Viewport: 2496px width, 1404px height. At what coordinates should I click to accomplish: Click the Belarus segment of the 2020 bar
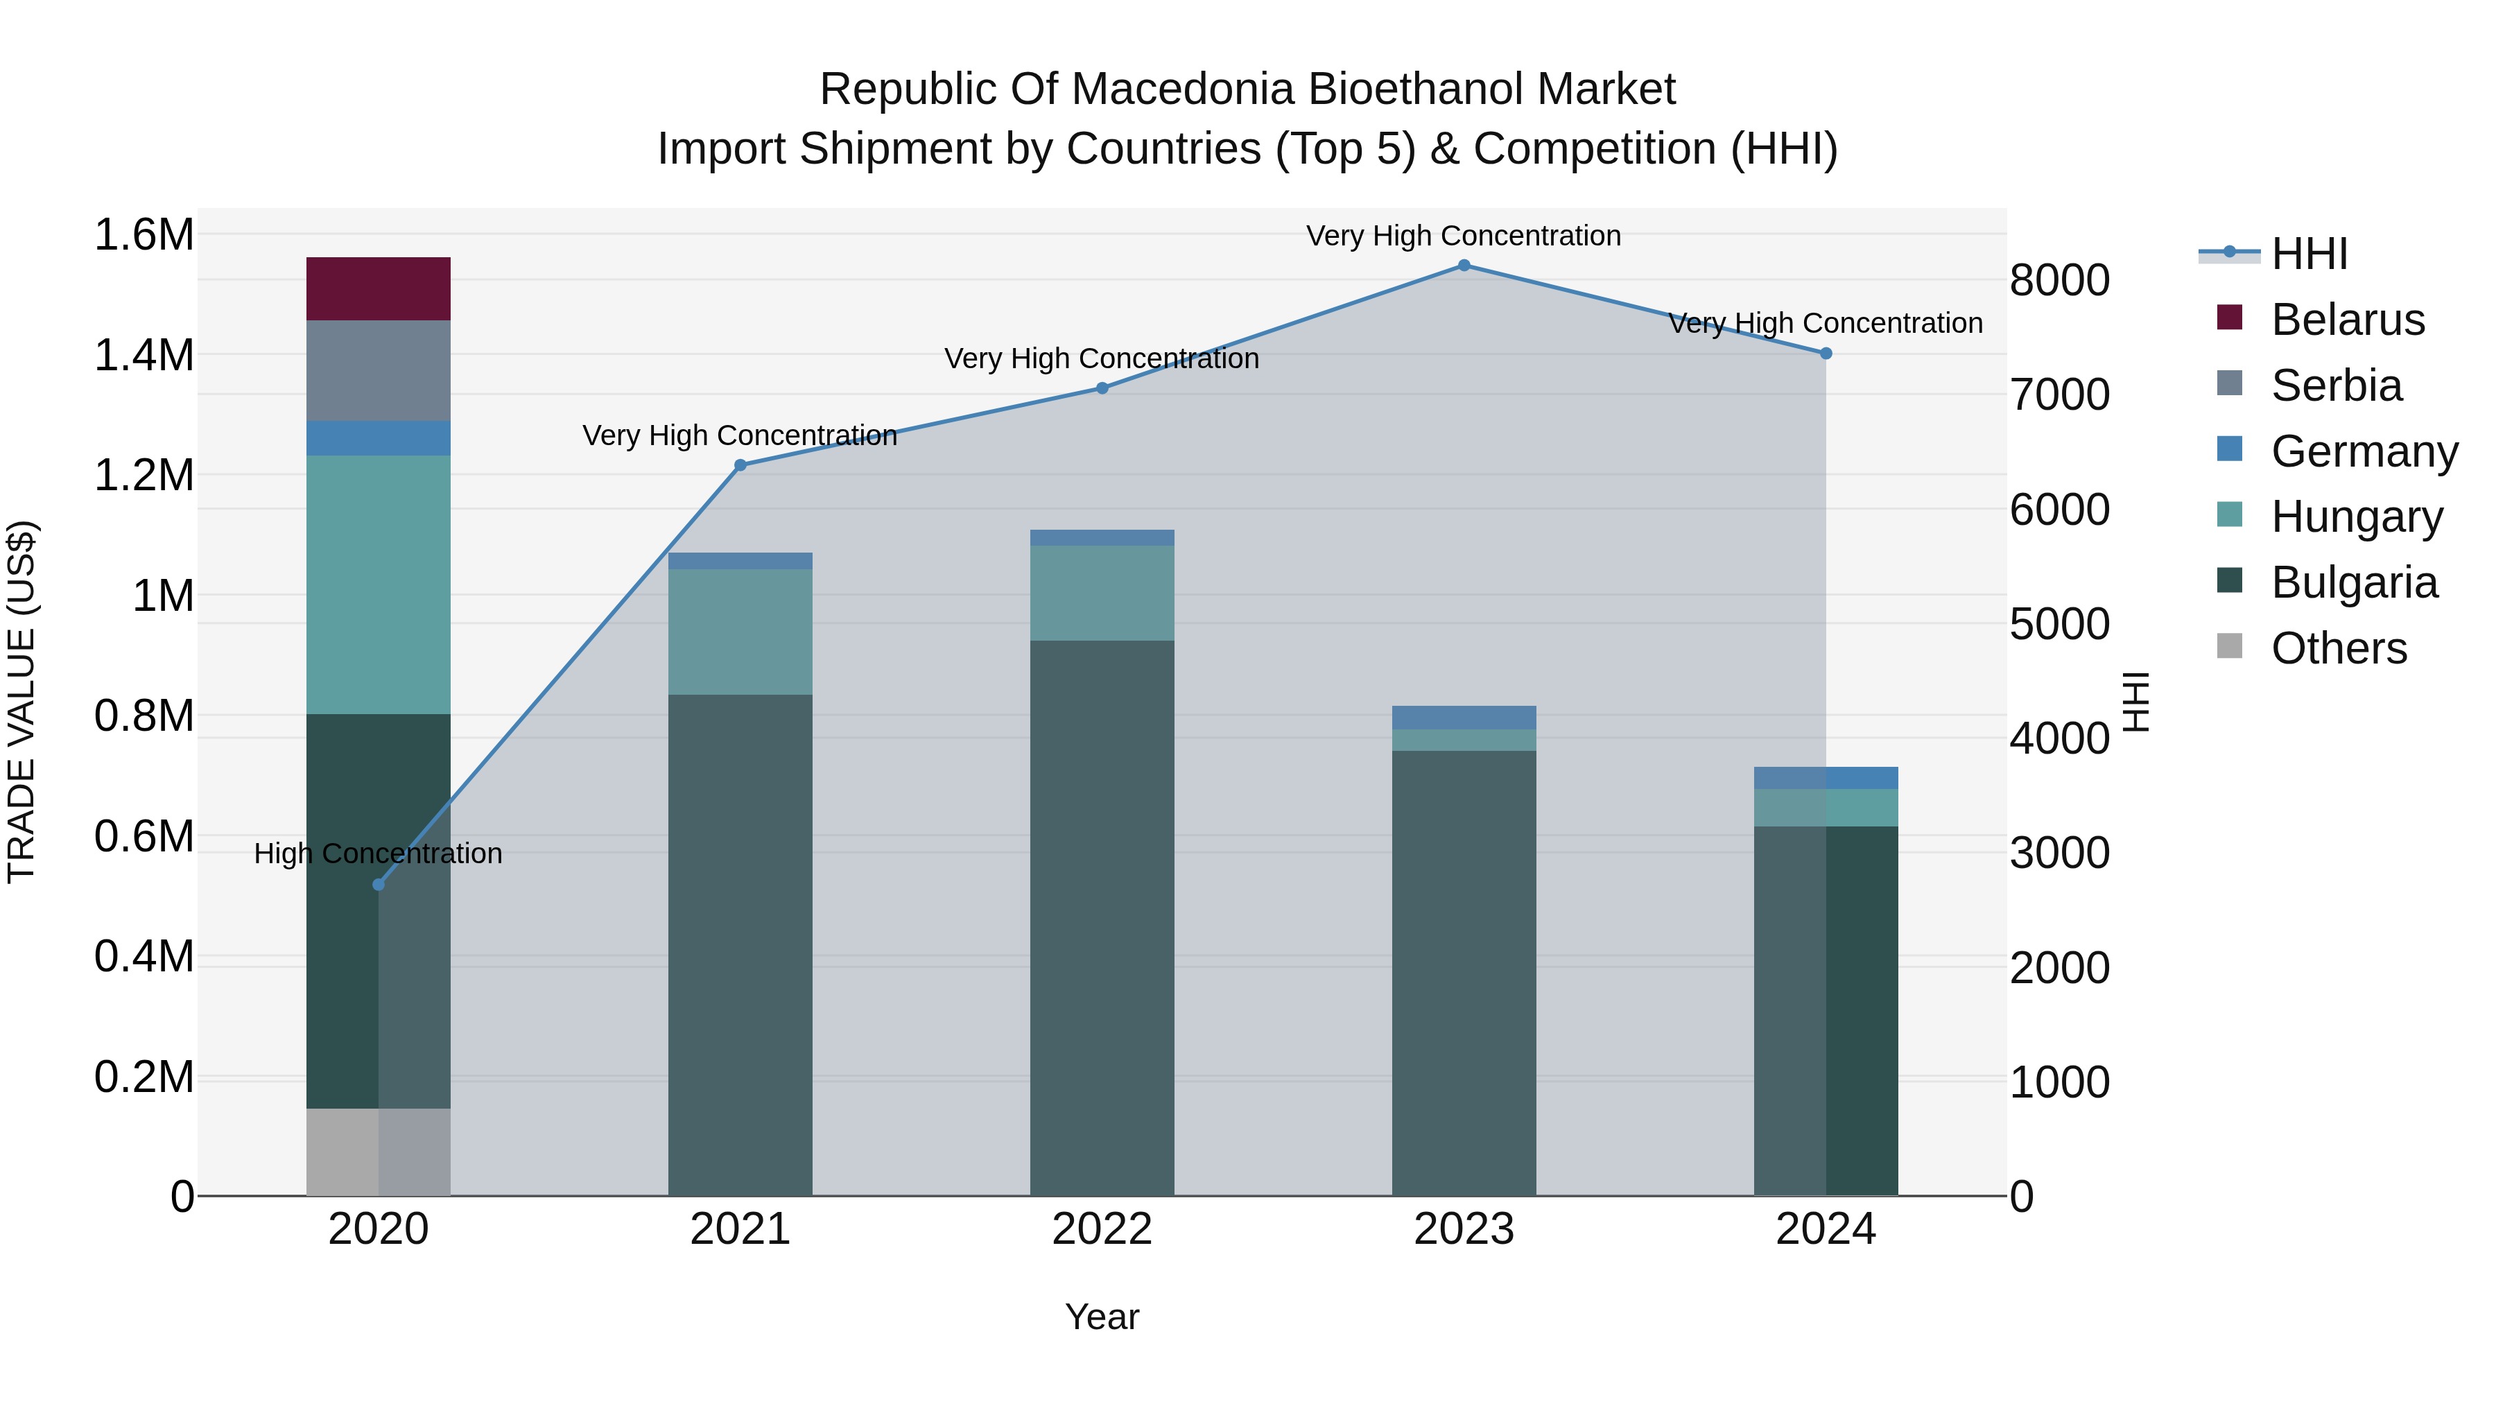pyautogui.click(x=378, y=288)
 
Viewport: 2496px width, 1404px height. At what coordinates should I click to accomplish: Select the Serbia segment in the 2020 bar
pyautogui.click(x=378, y=370)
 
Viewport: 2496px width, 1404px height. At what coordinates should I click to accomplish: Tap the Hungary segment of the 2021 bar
pyautogui.click(x=740, y=631)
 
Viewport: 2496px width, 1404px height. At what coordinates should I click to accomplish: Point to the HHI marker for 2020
pyautogui.click(x=379, y=885)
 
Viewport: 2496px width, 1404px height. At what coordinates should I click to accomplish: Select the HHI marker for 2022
pyautogui.click(x=1102, y=388)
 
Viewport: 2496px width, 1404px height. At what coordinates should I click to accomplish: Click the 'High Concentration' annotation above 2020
pyautogui.click(x=378, y=853)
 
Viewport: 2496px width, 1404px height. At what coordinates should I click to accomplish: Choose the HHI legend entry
pyautogui.click(x=2308, y=254)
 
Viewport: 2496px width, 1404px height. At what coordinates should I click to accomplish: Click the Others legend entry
pyautogui.click(x=2337, y=648)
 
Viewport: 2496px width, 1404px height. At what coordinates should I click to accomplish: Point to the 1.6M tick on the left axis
pyautogui.click(x=144, y=234)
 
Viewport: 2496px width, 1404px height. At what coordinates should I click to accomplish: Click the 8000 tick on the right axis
pyautogui.click(x=2059, y=280)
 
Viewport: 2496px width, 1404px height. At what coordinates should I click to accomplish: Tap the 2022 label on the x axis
pyautogui.click(x=1102, y=1229)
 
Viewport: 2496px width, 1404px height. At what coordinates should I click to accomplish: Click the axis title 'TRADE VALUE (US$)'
pyautogui.click(x=21, y=702)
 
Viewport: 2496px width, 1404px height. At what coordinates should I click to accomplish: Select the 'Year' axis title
pyautogui.click(x=1102, y=1317)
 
